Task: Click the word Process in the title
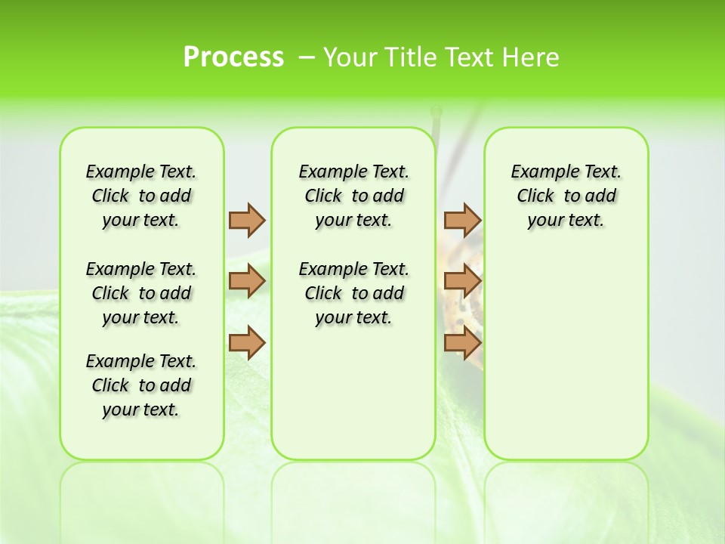tap(233, 57)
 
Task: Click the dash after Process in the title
tap(306, 58)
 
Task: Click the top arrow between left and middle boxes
tap(247, 220)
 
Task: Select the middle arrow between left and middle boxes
tap(247, 282)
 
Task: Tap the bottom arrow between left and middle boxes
tap(247, 343)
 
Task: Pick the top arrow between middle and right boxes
tap(462, 220)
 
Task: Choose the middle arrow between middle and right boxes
tap(462, 282)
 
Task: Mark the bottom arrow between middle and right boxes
tap(462, 343)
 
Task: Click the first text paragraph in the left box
tap(141, 196)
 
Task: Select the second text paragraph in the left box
tap(141, 293)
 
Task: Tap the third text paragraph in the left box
tap(141, 385)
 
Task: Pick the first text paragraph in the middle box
tap(353, 196)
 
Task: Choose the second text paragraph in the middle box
tap(353, 293)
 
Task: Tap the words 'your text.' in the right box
tap(566, 221)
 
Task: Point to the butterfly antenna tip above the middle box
tap(436, 113)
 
